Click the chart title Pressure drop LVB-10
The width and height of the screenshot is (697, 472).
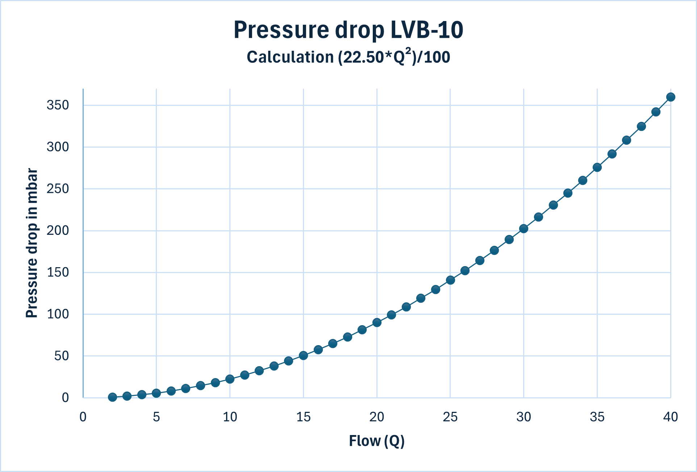point(348,30)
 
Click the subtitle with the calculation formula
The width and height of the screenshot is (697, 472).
point(348,57)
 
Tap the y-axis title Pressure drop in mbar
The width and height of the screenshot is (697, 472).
point(32,243)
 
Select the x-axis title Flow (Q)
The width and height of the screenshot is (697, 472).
point(376,441)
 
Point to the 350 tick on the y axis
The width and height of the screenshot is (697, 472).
point(58,105)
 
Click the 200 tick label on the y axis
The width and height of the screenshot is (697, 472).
point(58,231)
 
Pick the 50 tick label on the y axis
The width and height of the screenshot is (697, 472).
point(61,356)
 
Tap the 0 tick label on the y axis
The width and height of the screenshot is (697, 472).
point(65,398)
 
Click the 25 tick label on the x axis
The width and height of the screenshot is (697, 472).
point(450,417)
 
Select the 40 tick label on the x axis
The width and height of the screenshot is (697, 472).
point(670,417)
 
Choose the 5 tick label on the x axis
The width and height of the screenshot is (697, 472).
point(156,417)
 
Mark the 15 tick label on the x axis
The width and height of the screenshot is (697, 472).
point(303,417)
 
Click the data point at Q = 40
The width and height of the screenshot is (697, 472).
point(671,97)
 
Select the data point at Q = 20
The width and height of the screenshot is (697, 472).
point(377,323)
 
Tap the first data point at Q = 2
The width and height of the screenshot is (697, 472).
point(113,397)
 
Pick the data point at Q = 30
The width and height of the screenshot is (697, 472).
point(523,229)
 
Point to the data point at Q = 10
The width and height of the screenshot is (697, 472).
point(230,379)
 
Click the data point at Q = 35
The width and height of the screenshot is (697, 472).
point(597,167)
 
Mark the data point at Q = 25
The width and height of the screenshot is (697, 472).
point(450,280)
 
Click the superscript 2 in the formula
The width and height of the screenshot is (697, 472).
point(408,51)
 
